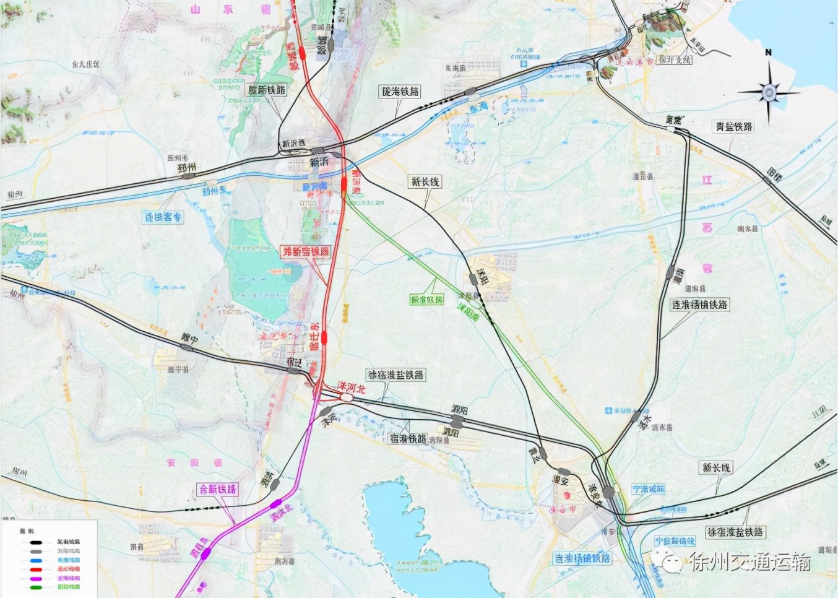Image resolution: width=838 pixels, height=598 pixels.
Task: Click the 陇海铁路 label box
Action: pyautogui.click(x=400, y=92)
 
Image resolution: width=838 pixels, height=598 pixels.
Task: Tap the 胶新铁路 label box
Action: pyautogui.click(x=267, y=90)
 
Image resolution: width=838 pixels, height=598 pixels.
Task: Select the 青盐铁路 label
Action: pyautogui.click(x=734, y=126)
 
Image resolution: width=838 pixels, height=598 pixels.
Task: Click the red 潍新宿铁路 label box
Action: pyautogui.click(x=306, y=251)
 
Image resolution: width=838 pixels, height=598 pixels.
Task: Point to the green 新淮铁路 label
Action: pyautogui.click(x=426, y=300)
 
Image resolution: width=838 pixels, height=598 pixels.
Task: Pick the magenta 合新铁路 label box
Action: pyautogui.click(x=218, y=489)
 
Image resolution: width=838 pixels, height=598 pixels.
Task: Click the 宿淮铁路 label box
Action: pyautogui.click(x=408, y=438)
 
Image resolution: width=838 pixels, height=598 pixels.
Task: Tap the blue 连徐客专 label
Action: pyautogui.click(x=163, y=217)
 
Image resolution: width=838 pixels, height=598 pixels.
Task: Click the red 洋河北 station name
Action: pyautogui.click(x=351, y=388)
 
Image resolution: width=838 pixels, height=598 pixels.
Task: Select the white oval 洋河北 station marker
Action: pyautogui.click(x=346, y=398)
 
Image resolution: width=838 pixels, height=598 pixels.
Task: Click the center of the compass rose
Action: pyautogui.click(x=769, y=93)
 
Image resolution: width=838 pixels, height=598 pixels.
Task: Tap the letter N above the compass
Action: pyautogui.click(x=768, y=53)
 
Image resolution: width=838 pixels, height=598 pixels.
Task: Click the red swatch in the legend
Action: pyautogui.click(x=36, y=569)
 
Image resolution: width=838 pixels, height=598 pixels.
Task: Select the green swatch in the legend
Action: pyautogui.click(x=36, y=587)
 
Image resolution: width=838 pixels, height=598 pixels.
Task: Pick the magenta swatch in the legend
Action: pyautogui.click(x=36, y=578)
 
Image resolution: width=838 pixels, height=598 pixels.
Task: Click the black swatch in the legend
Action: pyautogui.click(x=36, y=542)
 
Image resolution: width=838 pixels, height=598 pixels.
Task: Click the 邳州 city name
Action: pyautogui.click(x=186, y=167)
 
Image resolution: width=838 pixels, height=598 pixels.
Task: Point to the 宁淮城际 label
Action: pyautogui.click(x=649, y=489)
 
